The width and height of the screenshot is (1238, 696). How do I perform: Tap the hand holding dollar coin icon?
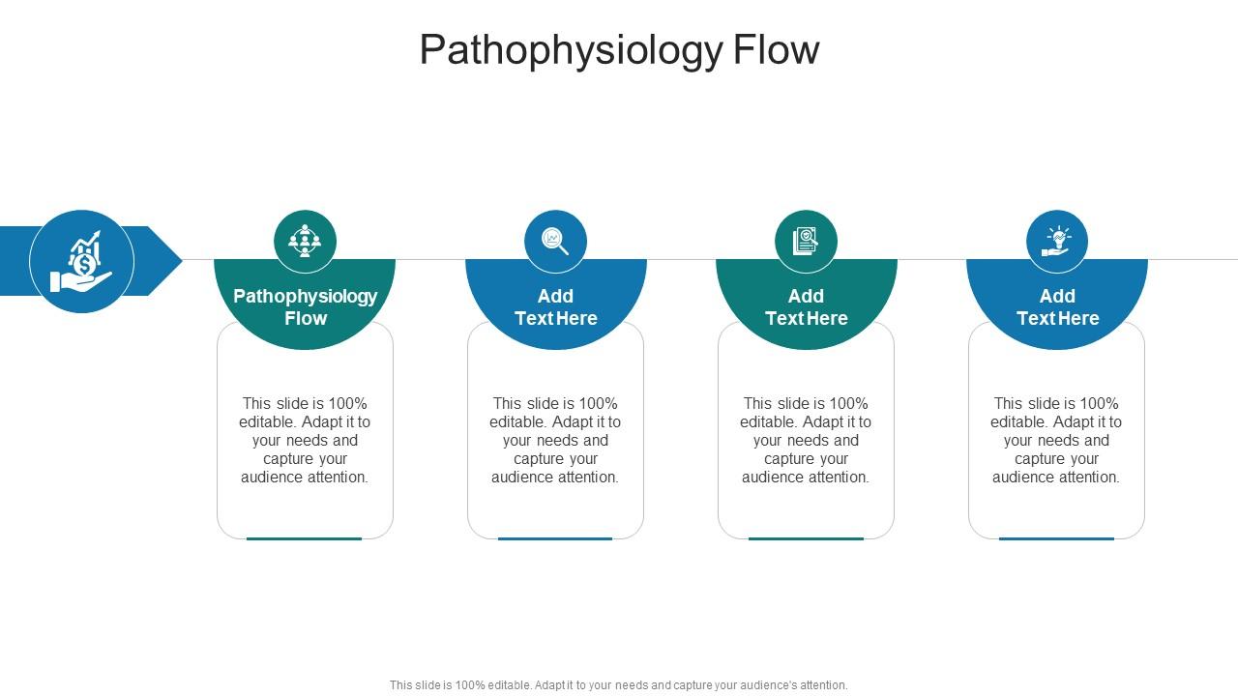tap(82, 262)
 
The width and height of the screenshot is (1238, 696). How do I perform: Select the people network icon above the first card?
tap(305, 241)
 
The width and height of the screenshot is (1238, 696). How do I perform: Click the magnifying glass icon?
tap(555, 241)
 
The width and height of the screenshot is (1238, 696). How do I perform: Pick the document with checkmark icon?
tap(806, 241)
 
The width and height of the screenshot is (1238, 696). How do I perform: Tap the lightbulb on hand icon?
tap(1057, 241)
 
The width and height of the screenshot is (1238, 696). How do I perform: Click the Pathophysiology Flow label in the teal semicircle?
tap(305, 306)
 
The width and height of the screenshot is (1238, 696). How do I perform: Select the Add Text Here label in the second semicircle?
tap(555, 306)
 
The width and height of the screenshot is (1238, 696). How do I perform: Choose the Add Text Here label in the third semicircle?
tap(806, 306)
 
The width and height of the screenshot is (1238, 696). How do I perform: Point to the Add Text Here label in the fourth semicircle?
tap(1057, 306)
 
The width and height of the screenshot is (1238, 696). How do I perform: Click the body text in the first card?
tap(305, 440)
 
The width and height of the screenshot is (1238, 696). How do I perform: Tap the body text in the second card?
tap(555, 440)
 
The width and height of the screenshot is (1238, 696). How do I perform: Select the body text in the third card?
tap(806, 440)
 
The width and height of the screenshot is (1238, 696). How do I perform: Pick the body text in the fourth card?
tap(1056, 440)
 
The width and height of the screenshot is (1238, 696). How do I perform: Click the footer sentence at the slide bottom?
tap(619, 684)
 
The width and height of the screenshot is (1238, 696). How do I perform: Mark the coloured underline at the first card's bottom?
tap(305, 538)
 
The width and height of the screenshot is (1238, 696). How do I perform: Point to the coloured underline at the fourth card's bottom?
tap(1056, 538)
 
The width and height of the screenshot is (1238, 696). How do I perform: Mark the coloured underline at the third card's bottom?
tap(806, 538)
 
